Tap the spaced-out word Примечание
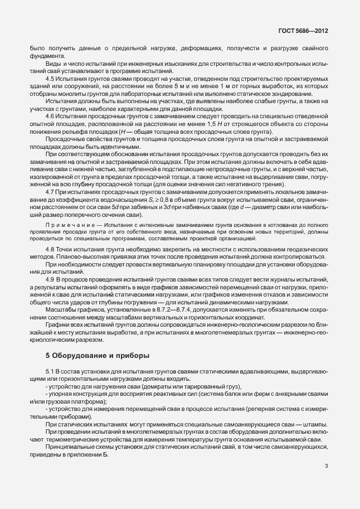pyautogui.click(x=67, y=222)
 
